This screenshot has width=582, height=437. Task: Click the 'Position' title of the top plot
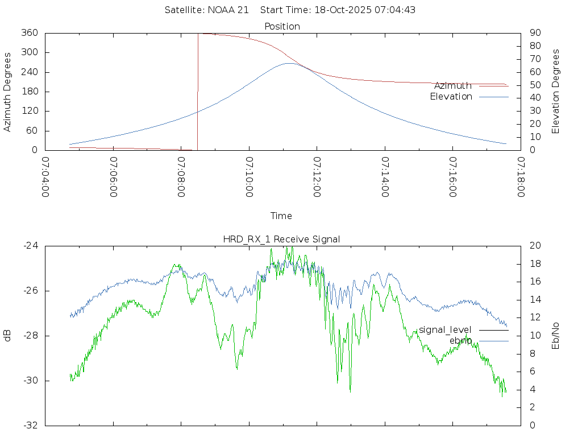pyautogui.click(x=282, y=26)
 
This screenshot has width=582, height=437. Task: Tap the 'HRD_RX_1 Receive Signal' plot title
pyautogui.click(x=281, y=239)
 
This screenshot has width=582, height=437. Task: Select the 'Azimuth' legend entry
pyautogui.click(x=452, y=86)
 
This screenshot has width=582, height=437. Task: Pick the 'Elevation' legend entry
pyautogui.click(x=451, y=97)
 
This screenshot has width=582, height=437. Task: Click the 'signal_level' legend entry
pyautogui.click(x=445, y=330)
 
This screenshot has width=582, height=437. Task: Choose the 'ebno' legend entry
pyautogui.click(x=460, y=341)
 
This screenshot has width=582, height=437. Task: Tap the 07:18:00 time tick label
pyautogui.click(x=521, y=177)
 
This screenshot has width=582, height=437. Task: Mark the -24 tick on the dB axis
pyautogui.click(x=30, y=246)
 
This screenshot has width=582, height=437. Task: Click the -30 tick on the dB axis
pyautogui.click(x=30, y=381)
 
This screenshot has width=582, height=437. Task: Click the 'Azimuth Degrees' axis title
pyautogui.click(x=8, y=92)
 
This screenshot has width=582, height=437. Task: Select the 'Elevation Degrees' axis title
pyautogui.click(x=556, y=92)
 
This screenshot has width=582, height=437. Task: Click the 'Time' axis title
pyautogui.click(x=281, y=216)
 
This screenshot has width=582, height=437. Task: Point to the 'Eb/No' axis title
pyautogui.click(x=556, y=335)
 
